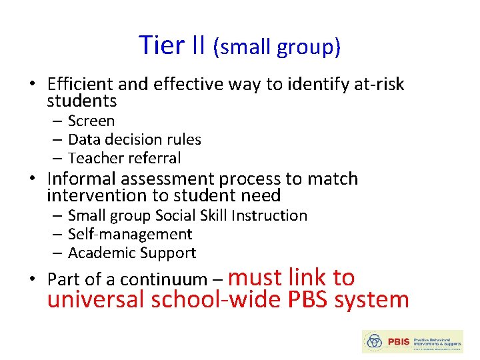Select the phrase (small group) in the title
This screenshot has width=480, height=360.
pos(277,47)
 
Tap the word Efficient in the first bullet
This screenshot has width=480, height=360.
pos(80,84)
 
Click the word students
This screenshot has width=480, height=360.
pos(81,101)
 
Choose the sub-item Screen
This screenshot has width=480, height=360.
pos(91,121)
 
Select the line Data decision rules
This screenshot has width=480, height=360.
pos(134,140)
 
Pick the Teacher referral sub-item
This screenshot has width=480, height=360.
pos(124,159)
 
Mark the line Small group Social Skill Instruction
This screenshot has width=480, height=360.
pos(187,216)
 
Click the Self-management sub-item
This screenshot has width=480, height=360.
pos(130,235)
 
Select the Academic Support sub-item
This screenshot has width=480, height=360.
pos(132,253)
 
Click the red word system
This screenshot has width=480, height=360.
pos(371,300)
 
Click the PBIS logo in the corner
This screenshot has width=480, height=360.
pos(411,341)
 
